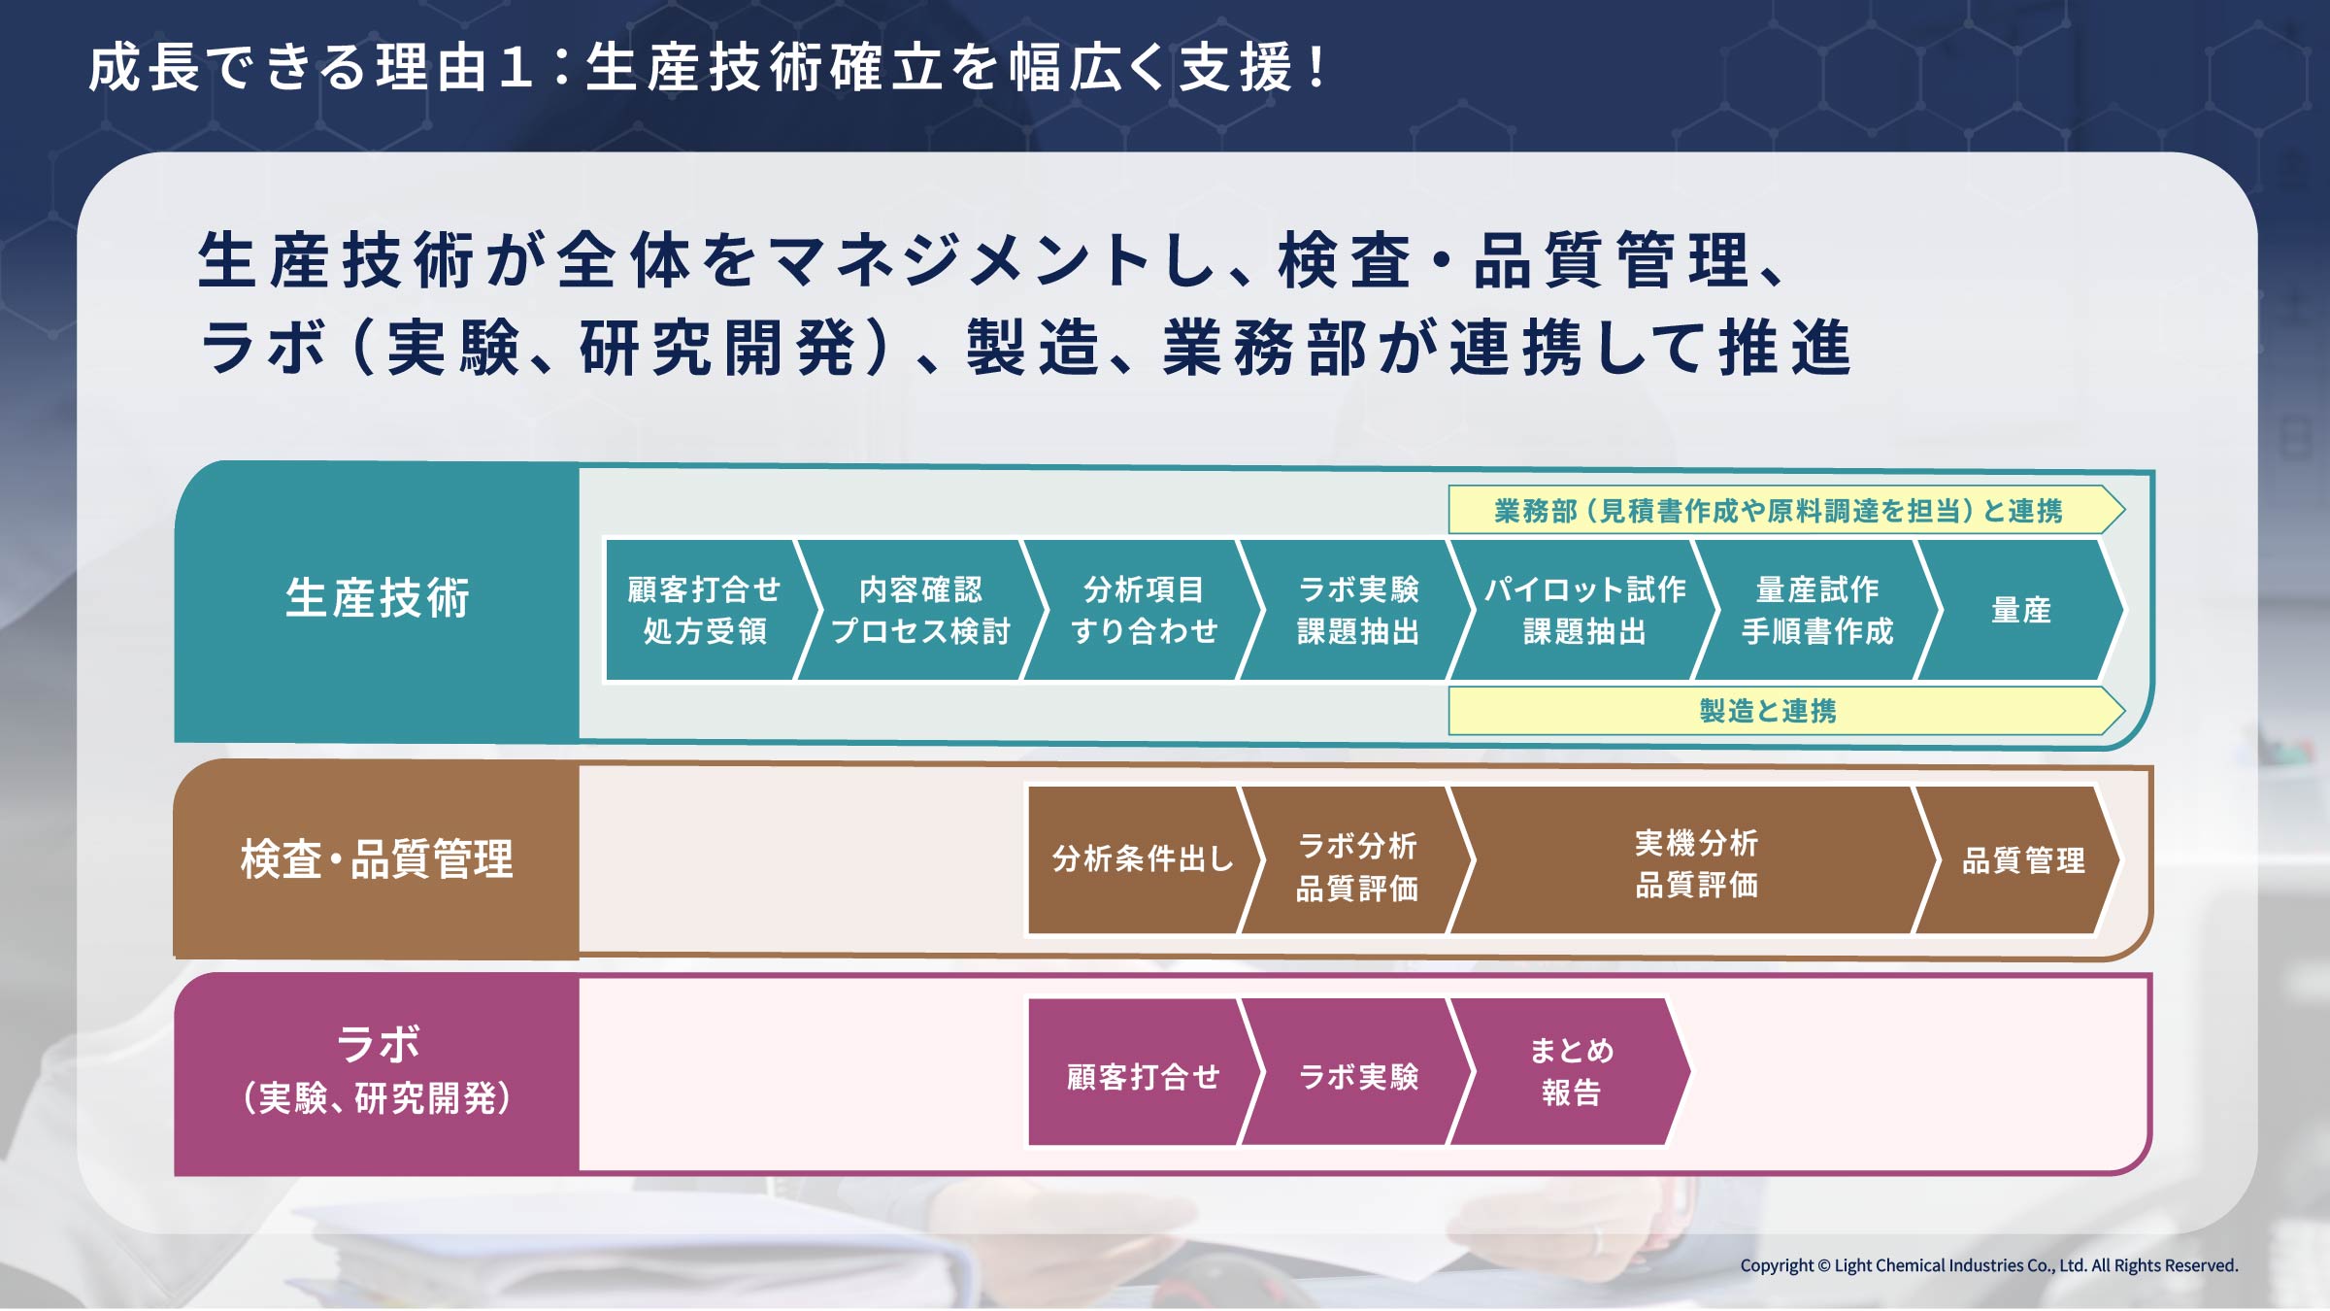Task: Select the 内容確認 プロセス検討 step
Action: tap(920, 610)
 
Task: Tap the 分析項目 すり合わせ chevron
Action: tap(1144, 610)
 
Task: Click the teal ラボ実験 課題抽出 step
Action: tap(1357, 610)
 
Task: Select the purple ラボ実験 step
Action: tap(1357, 1072)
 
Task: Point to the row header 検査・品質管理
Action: tap(377, 859)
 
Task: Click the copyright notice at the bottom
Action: tap(1989, 1265)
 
